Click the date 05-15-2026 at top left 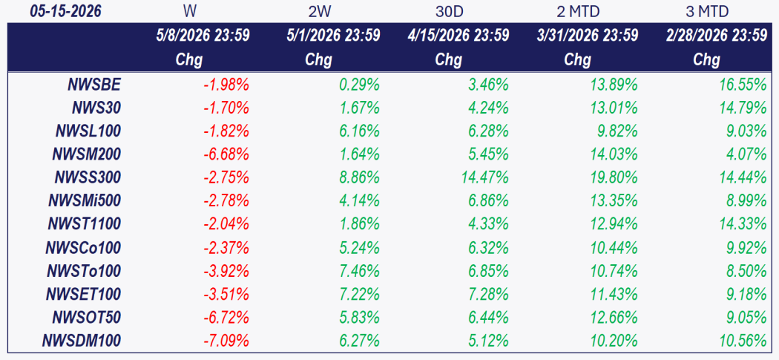pyautogui.click(x=65, y=11)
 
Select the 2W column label pyautogui.click(x=319, y=11)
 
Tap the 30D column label pyautogui.click(x=449, y=11)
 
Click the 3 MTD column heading pyautogui.click(x=706, y=11)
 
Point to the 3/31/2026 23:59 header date pyautogui.click(x=588, y=36)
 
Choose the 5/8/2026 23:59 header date pyautogui.click(x=203, y=36)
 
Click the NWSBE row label pyautogui.click(x=94, y=85)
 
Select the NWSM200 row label pyautogui.click(x=87, y=154)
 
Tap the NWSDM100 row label pyautogui.click(x=82, y=341)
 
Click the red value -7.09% pyautogui.click(x=226, y=341)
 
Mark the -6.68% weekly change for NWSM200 pyautogui.click(x=226, y=154)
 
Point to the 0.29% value pyautogui.click(x=359, y=85)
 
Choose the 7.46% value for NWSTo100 pyautogui.click(x=359, y=271)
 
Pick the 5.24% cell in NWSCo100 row pyautogui.click(x=359, y=248)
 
